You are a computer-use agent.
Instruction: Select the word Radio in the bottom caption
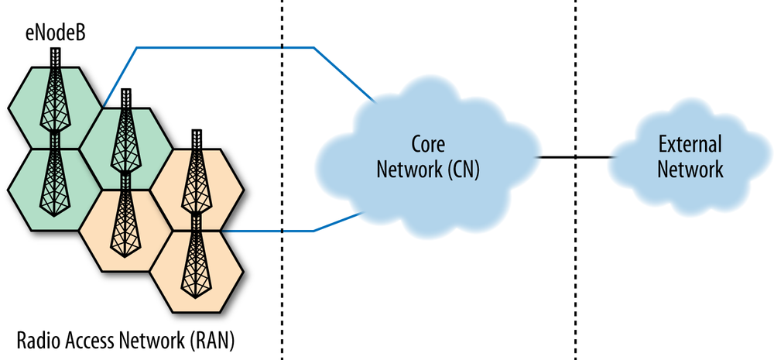[x=38, y=339]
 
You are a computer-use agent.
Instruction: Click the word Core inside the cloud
[x=428, y=146]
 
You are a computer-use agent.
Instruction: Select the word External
[x=690, y=145]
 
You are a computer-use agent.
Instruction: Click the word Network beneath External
[x=690, y=170]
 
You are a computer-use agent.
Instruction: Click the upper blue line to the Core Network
[x=224, y=48]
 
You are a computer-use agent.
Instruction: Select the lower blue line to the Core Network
[x=271, y=231]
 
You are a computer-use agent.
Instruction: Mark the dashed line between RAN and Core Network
[x=281, y=294]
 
